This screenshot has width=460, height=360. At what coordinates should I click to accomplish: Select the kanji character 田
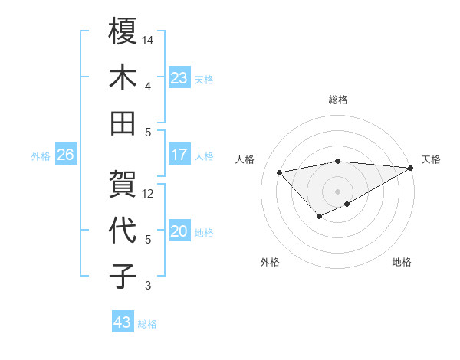[123, 123]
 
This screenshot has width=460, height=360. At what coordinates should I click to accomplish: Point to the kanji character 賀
[123, 184]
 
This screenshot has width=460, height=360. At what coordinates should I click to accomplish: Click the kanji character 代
[123, 231]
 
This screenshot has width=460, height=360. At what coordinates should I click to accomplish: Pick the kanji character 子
[123, 277]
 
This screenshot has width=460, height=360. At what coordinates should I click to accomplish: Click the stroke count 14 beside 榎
[148, 39]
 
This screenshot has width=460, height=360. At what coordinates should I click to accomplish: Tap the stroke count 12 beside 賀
[148, 193]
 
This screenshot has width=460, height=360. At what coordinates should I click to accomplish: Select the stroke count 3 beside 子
[147, 286]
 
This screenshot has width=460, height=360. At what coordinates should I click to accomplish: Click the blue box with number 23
[179, 77]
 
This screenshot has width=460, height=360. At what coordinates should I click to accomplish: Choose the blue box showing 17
[179, 155]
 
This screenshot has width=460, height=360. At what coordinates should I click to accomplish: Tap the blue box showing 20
[179, 231]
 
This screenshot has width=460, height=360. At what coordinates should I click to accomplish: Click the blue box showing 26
[65, 155]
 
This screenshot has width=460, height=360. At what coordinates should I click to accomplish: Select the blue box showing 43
[122, 322]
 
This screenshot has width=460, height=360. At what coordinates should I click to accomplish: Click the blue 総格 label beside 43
[147, 324]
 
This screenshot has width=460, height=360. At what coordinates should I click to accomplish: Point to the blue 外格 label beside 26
[41, 156]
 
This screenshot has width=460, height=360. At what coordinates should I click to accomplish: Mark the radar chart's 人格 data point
[279, 172]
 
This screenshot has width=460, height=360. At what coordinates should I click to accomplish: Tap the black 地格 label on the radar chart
[402, 262]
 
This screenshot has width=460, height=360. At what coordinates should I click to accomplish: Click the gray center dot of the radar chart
[337, 190]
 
